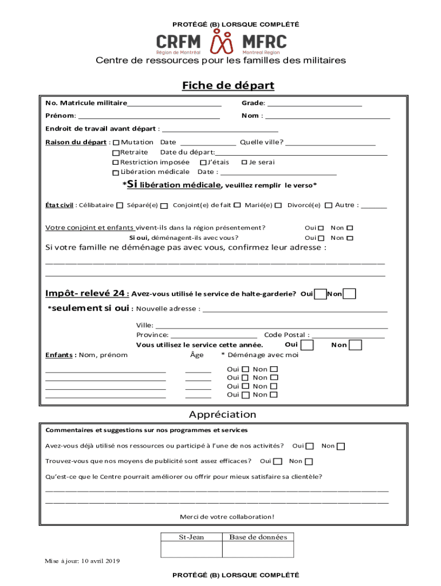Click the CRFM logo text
[x=179, y=41]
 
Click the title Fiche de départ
[x=228, y=86]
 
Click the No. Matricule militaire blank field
[x=174, y=103]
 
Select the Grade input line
[x=314, y=103]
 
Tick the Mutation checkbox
[x=116, y=142]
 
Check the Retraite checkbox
[x=116, y=153]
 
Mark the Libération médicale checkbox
[x=116, y=172]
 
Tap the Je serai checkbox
[x=245, y=163]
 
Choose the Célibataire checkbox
[x=120, y=205]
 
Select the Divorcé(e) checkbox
[x=329, y=205]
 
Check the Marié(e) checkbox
[x=278, y=205]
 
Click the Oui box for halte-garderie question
[x=321, y=294]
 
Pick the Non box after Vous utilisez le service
[x=356, y=345]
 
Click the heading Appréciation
[x=223, y=414]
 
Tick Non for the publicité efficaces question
[x=309, y=462]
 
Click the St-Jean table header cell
[x=191, y=537]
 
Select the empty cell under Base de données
[x=258, y=549]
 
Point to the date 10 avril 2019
[x=100, y=561]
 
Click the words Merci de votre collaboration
[x=227, y=517]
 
